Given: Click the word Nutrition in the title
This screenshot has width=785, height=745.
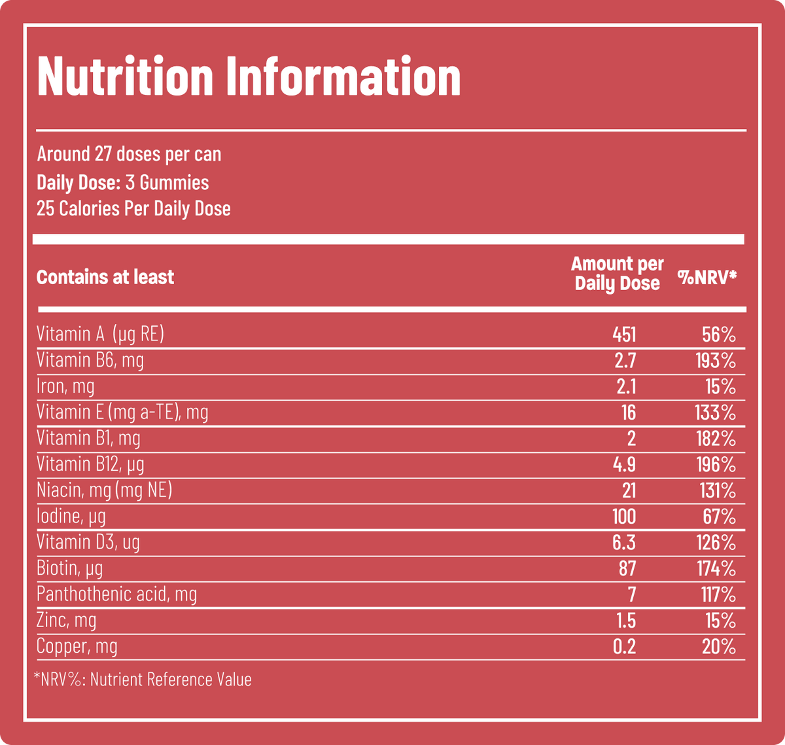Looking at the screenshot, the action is tap(126, 76).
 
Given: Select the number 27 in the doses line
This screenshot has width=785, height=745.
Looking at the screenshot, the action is tap(103, 154).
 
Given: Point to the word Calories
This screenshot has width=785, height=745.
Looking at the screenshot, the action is tap(90, 209).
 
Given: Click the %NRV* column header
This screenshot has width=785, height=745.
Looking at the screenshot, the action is tap(706, 277).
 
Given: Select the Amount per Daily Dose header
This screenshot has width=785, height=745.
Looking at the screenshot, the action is tap(618, 274).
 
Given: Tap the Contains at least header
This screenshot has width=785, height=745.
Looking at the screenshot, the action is tap(105, 277).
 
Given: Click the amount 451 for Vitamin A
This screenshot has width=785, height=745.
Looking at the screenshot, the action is tap(624, 335).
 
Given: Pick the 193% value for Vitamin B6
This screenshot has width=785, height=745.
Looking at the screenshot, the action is tap(716, 361).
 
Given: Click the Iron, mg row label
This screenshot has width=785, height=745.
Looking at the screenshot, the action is tap(65, 386).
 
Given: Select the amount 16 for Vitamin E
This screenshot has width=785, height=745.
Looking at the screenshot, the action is tap(629, 412).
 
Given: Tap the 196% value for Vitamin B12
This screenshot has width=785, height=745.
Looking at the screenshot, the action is tap(716, 464).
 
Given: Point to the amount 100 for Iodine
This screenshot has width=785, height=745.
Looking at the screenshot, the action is tap(624, 517).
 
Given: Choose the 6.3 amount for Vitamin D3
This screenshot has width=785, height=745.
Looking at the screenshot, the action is tap(624, 542).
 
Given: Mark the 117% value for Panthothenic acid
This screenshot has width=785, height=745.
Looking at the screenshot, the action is tap(718, 594).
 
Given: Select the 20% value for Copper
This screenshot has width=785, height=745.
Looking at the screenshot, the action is tap(719, 647).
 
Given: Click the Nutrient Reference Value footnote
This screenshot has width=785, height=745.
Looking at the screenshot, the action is tap(143, 680).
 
